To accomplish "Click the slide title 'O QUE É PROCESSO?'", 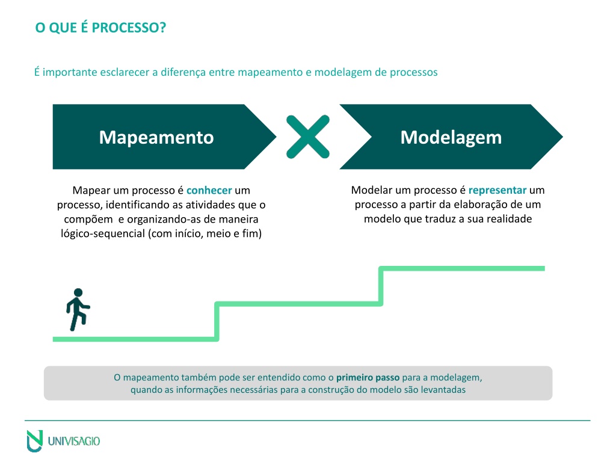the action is (x=100, y=28).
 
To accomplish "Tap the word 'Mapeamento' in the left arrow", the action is (x=156, y=138).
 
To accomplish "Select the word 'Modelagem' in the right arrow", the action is (x=451, y=138).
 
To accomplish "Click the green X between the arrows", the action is (x=308, y=137).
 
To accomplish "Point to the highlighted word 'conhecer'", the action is (x=209, y=190).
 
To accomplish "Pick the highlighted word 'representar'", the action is (x=497, y=190).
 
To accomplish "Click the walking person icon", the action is (x=78, y=310).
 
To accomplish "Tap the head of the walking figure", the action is (x=78, y=293).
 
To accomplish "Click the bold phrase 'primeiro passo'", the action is (x=368, y=378).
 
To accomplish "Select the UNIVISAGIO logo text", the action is (x=74, y=441).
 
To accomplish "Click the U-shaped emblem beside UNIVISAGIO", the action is (x=34, y=441).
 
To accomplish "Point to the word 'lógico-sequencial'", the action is (x=103, y=234).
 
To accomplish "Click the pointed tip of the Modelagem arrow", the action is (x=562, y=137).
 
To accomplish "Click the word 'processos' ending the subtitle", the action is (x=414, y=72).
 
